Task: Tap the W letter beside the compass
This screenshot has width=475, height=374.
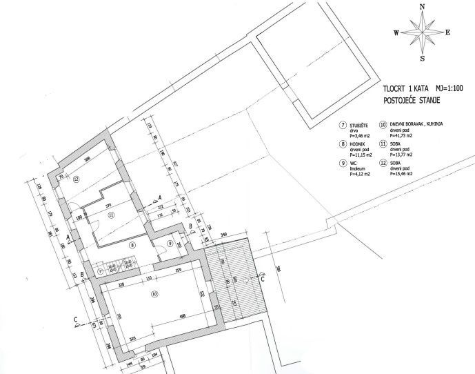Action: click(x=396, y=32)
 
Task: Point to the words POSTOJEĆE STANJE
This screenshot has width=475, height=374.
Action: click(x=412, y=100)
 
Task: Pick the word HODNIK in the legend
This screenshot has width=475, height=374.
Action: click(x=358, y=145)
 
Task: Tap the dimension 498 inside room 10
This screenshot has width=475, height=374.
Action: click(x=182, y=315)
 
